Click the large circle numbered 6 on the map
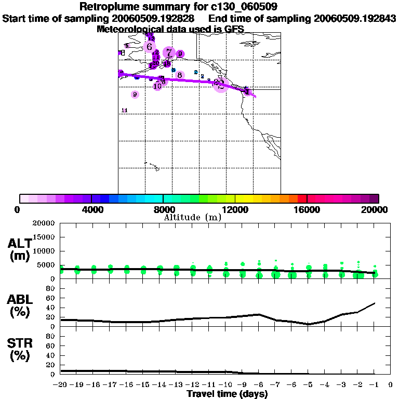(150, 47)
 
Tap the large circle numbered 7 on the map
(169, 52)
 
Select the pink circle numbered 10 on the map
(157, 86)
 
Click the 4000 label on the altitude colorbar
(91, 210)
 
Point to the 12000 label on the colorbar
(235, 210)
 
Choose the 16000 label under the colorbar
(307, 210)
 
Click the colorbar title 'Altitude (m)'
(193, 218)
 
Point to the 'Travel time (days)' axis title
(227, 394)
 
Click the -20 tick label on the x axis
(60, 385)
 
